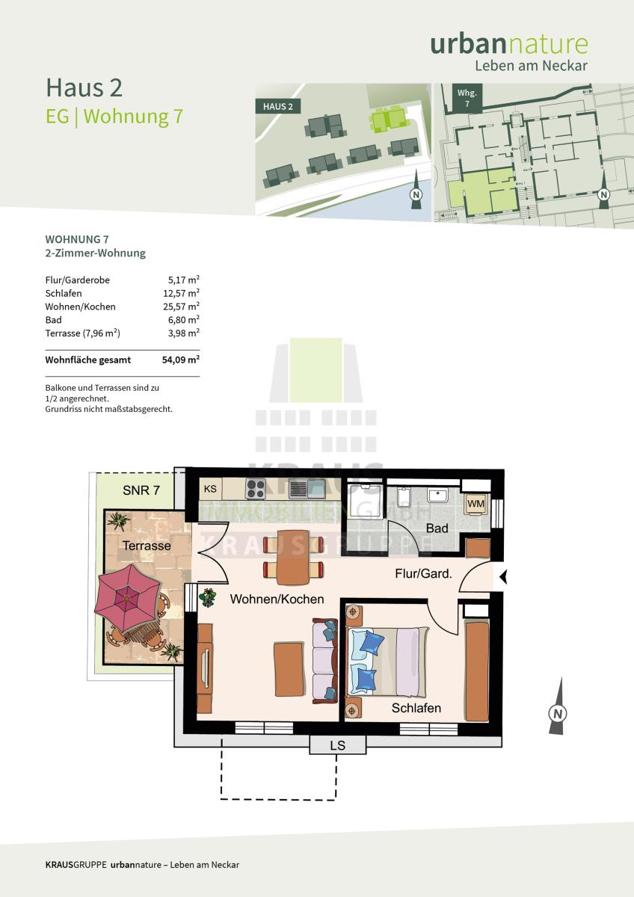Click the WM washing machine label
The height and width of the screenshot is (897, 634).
click(x=475, y=504)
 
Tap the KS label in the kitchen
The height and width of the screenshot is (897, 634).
click(x=210, y=489)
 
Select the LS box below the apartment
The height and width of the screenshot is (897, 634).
click(x=338, y=745)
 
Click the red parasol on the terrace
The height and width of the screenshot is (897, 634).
click(x=128, y=598)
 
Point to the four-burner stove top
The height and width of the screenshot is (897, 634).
click(x=256, y=489)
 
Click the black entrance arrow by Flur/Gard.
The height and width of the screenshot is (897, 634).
click(x=503, y=577)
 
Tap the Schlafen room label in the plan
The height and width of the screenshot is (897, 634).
click(x=416, y=708)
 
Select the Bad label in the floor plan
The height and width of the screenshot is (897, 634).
click(x=437, y=528)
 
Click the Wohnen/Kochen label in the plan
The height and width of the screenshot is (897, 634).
click(x=277, y=599)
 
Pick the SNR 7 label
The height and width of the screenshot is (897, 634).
click(x=141, y=490)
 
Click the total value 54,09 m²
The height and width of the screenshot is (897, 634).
click(x=181, y=360)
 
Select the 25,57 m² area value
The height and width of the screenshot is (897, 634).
click(x=181, y=306)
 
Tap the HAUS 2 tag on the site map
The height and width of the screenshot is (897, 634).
click(x=278, y=106)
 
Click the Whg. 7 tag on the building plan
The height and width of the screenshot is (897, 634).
click(x=467, y=98)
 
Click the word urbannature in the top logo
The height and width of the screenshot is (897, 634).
click(x=509, y=44)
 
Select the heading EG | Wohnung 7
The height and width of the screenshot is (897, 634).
click(x=114, y=117)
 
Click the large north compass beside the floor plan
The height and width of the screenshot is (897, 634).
click(x=558, y=706)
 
